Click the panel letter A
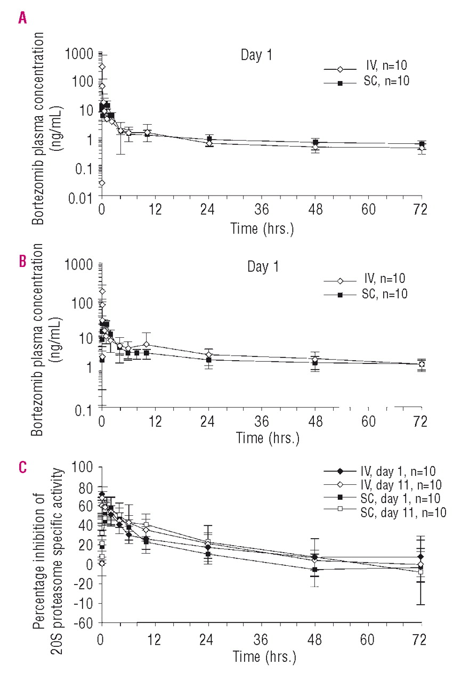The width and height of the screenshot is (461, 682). (22, 19)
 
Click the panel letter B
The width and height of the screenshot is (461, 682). (22, 263)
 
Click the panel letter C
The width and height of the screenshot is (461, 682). (22, 467)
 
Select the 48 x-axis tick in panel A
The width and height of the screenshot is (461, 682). (316, 209)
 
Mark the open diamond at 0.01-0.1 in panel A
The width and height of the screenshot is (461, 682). (101, 183)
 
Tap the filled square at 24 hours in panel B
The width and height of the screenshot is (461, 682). (209, 360)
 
